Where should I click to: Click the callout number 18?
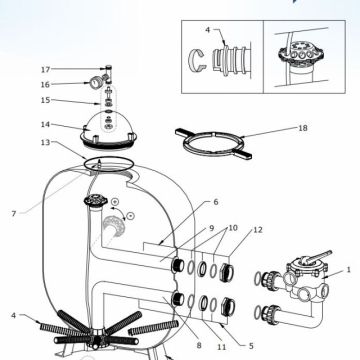tap(303, 128)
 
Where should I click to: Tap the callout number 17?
tap(45, 70)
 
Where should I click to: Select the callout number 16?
tap(45, 85)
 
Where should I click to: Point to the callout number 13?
tap(45, 142)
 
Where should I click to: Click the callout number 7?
tap(14, 213)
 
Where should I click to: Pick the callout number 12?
tap(258, 230)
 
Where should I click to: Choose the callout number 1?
tap(349, 269)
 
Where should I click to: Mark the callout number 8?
tap(199, 345)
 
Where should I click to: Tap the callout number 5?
tap(251, 346)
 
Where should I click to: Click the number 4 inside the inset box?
tap(208, 30)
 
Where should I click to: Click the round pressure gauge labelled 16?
tap(96, 82)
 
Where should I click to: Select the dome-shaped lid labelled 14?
tap(108, 130)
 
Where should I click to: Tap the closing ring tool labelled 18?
tap(213, 143)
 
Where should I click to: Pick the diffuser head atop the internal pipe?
tap(96, 201)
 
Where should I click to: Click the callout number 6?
tap(216, 202)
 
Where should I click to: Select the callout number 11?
tap(222, 347)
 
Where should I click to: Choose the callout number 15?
tap(45, 100)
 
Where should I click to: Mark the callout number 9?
tap(211, 228)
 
